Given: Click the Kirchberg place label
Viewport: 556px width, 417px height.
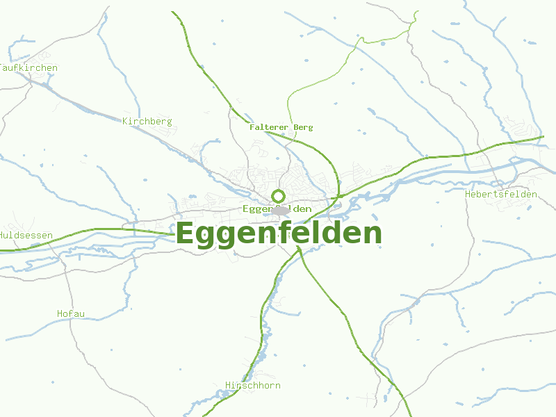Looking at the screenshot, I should tap(147, 122).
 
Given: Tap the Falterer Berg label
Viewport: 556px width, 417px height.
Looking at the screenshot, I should tap(281, 127).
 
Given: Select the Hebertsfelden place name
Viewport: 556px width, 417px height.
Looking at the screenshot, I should tap(500, 195).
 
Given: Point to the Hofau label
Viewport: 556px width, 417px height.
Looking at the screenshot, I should tap(71, 314).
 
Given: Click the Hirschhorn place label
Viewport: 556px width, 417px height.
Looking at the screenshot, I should tap(253, 385).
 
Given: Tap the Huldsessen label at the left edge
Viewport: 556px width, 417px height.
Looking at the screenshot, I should tap(26, 236).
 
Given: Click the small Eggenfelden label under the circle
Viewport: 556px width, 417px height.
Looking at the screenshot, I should tap(277, 209).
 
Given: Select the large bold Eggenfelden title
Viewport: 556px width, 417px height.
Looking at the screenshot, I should tap(279, 234).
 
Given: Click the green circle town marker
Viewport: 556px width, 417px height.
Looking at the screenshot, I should tap(279, 196).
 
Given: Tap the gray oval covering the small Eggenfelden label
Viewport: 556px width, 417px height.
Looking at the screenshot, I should tap(281, 210).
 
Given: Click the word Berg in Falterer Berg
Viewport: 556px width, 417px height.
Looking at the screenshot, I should tap(303, 127).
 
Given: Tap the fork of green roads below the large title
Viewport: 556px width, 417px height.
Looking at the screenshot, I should tap(300, 249).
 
